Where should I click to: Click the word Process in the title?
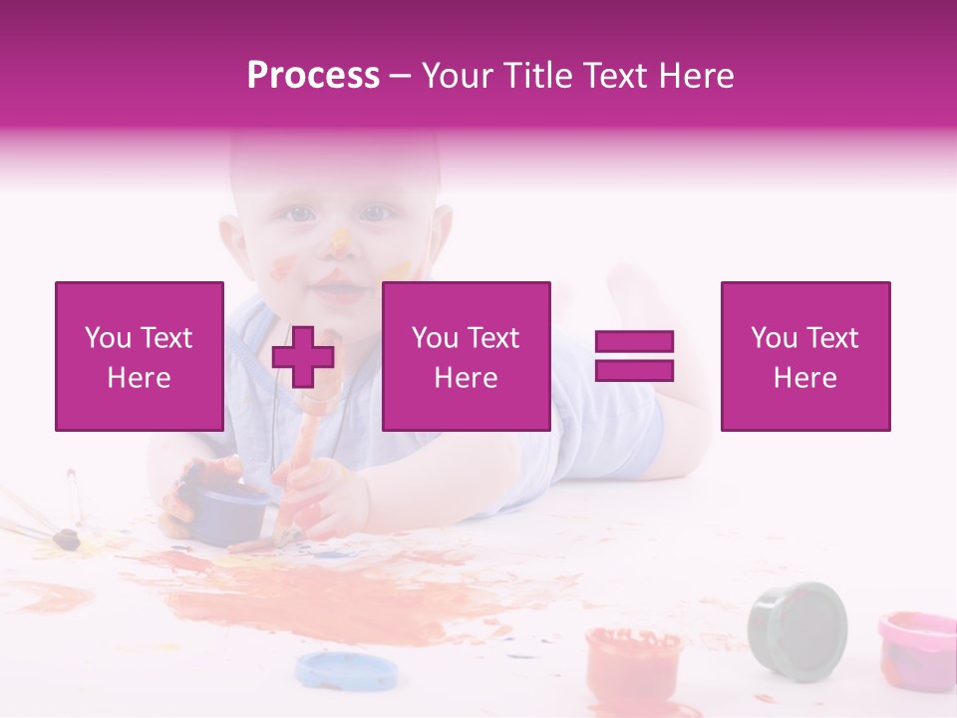click(313, 76)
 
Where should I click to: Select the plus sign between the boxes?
click(303, 356)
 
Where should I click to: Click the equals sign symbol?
click(634, 356)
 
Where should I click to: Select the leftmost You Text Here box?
click(140, 356)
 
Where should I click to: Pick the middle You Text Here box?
click(466, 356)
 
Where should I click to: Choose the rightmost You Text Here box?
click(804, 356)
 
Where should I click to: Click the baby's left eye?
click(375, 212)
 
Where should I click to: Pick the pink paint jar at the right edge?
click(917, 648)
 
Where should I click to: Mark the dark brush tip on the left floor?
click(66, 539)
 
